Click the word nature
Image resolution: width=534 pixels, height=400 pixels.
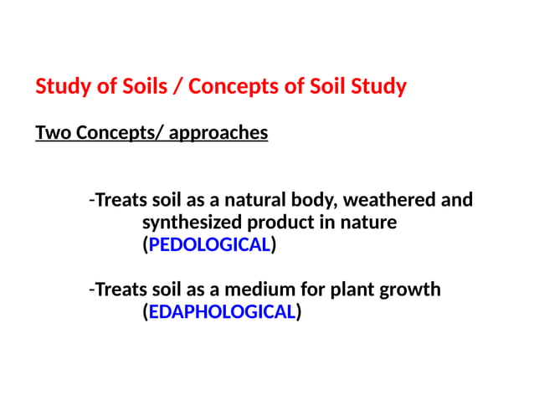pyautogui.click(x=367, y=223)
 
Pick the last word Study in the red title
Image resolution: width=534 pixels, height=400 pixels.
pyautogui.click(x=381, y=86)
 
